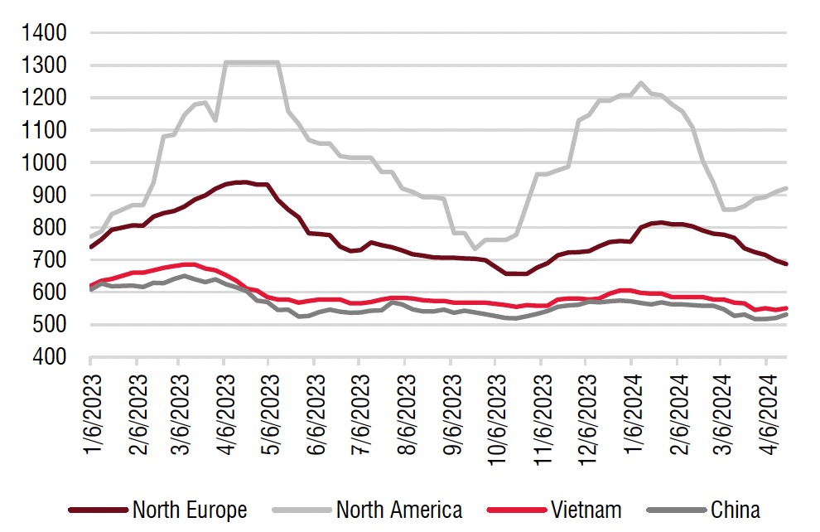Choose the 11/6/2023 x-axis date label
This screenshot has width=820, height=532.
coord(541,413)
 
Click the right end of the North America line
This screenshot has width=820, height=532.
coord(786,188)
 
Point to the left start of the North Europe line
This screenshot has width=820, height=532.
coord(90,247)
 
